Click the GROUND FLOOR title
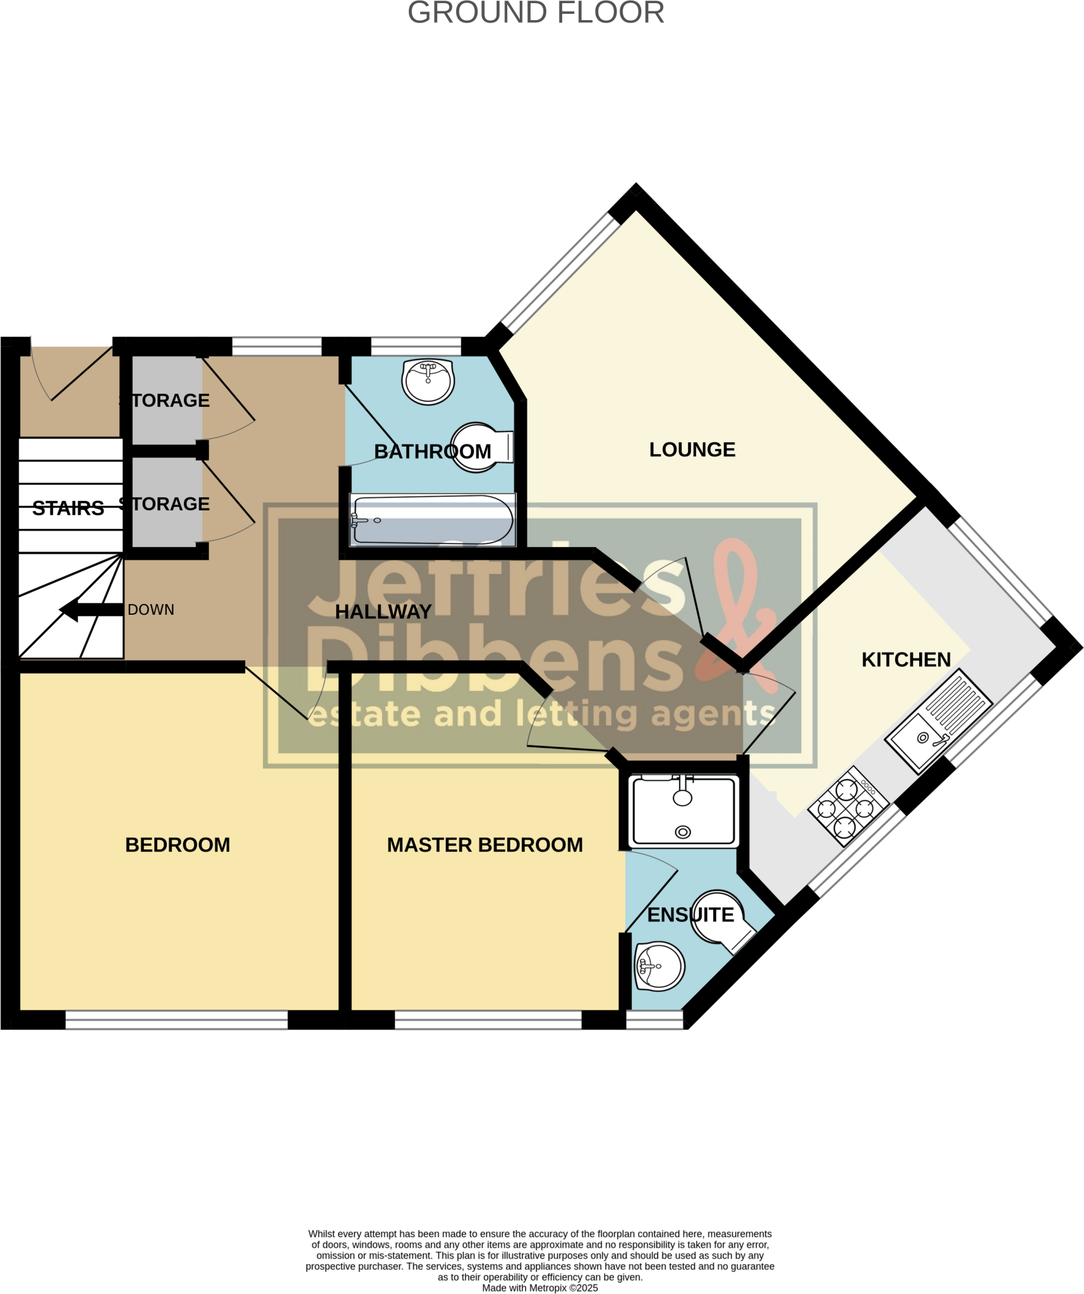[x=536, y=13]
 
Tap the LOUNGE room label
[x=692, y=449]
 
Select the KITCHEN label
[x=906, y=660]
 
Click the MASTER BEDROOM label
[x=485, y=845]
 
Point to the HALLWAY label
[x=383, y=612]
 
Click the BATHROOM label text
[x=432, y=452]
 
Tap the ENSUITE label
[x=690, y=915]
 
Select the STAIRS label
[x=68, y=508]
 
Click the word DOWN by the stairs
[x=151, y=610]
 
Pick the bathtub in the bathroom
[x=433, y=520]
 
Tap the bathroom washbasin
[x=428, y=381]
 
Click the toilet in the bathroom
[x=480, y=447]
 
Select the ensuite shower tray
[x=684, y=811]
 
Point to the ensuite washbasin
[x=659, y=967]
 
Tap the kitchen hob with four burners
[x=848, y=806]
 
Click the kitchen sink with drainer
[x=939, y=721]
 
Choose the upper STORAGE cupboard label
[x=165, y=401]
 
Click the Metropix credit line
[x=539, y=1288]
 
